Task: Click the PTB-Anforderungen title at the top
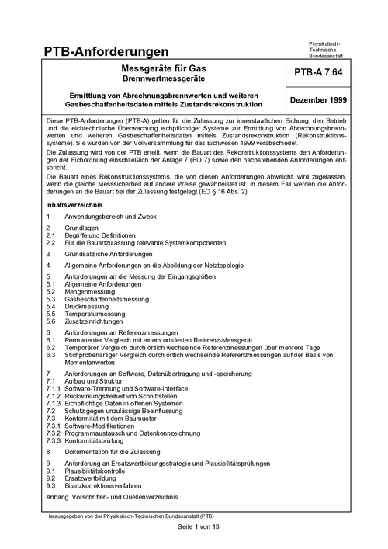click(x=108, y=52)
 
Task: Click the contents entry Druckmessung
click(x=88, y=306)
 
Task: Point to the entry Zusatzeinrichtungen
click(x=96, y=321)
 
